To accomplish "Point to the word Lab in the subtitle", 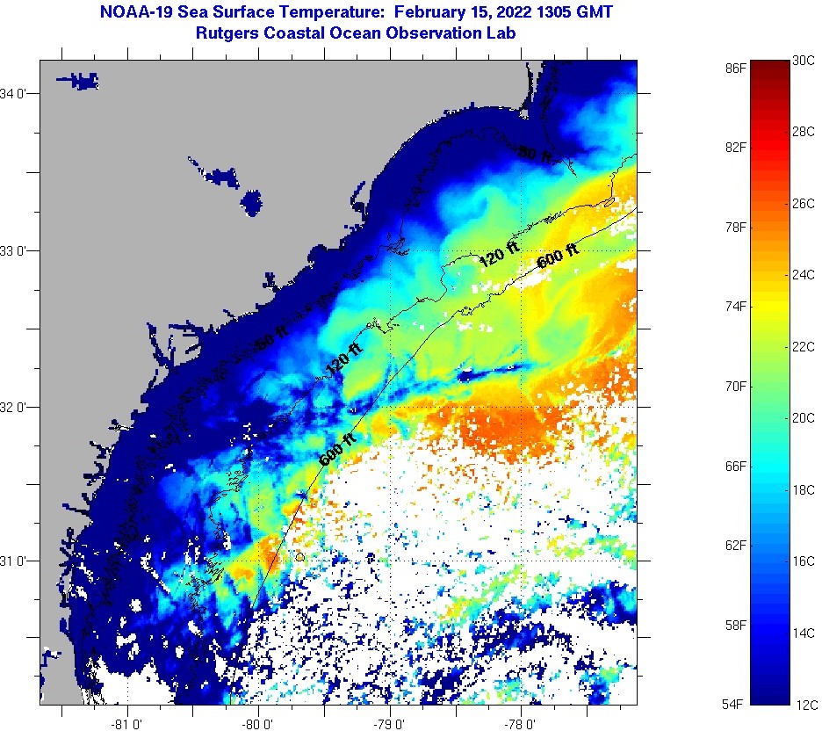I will point(501,33).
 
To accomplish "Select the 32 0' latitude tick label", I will point(18,407).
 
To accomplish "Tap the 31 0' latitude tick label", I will point(18,561).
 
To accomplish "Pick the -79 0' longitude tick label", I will point(390,725).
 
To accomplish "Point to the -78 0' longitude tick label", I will point(521,725).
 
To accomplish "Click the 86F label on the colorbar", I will point(736,68).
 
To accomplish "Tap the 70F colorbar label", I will point(736,386).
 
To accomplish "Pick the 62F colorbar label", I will point(736,546).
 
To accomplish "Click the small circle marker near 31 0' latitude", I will point(300,556).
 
